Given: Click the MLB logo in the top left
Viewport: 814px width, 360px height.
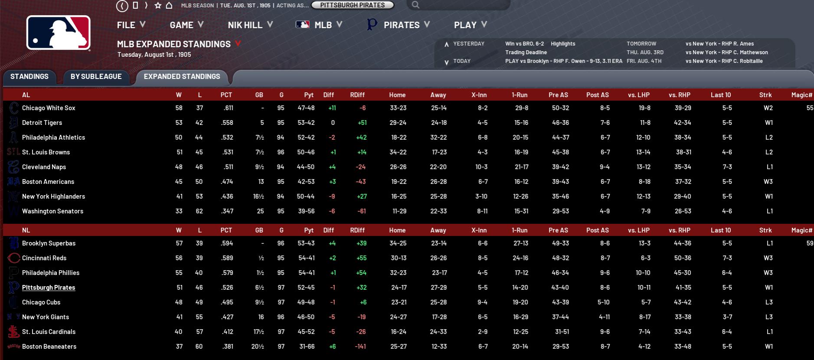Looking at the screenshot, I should coord(59,33).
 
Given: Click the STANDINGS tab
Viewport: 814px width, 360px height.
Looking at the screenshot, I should coord(29,77).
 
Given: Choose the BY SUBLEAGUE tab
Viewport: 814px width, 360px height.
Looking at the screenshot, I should coord(96,77).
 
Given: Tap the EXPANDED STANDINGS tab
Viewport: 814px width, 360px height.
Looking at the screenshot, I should coord(182,77).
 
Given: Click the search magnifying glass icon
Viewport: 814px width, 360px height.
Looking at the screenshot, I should coord(415,5).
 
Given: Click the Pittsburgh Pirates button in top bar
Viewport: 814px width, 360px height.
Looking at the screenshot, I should coord(352,5).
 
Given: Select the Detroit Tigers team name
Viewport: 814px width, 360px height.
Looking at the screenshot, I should coord(42,123).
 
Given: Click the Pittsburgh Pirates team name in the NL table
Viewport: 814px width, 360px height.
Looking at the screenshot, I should coord(49,288).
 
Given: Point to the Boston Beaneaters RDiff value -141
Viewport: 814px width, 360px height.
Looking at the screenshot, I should coord(360,347).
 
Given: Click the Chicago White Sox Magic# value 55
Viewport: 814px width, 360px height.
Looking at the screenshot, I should coord(809,108).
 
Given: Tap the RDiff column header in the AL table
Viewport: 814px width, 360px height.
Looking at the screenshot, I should coord(357,95).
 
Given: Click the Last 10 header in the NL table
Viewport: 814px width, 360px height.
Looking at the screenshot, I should coord(720,230).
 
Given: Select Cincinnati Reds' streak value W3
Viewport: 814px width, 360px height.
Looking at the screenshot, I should coord(768,258).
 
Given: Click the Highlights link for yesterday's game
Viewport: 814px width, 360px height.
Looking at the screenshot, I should coord(563,44).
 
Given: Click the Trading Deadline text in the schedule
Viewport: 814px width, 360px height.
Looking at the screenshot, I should coord(526,52).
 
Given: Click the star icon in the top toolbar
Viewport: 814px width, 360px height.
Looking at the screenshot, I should coord(158,6).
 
